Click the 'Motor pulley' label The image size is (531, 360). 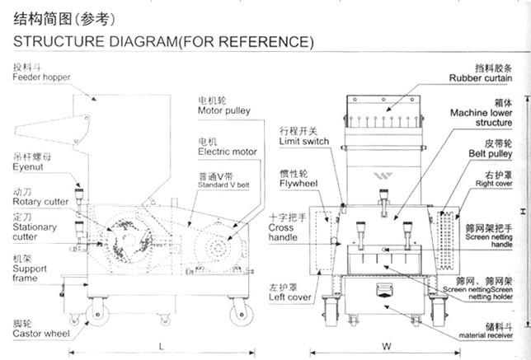pyautogui.click(x=224, y=109)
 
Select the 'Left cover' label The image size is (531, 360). pyautogui.click(x=289, y=297)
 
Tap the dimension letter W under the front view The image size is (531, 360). pyautogui.click(x=386, y=346)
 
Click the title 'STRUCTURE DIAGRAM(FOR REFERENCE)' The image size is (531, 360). pyautogui.click(x=162, y=41)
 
